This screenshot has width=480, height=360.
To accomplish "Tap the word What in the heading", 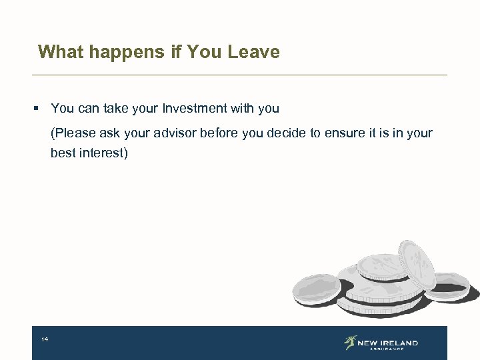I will tap(57, 52).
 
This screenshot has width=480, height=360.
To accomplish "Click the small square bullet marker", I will tap(41, 108).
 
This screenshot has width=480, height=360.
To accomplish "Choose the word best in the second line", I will tap(63, 153).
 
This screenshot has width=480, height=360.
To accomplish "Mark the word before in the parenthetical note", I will tap(223, 133).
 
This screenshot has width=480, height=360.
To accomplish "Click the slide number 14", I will tap(45, 340).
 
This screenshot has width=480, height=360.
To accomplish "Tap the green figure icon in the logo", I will tap(350, 343).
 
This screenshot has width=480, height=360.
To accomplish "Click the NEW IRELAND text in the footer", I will tap(387, 343).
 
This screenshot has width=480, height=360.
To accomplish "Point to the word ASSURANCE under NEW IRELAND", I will tap(387, 349).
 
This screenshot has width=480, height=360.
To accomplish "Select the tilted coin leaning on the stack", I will tap(416, 263).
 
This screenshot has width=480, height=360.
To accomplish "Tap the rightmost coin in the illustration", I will tap(449, 285).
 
